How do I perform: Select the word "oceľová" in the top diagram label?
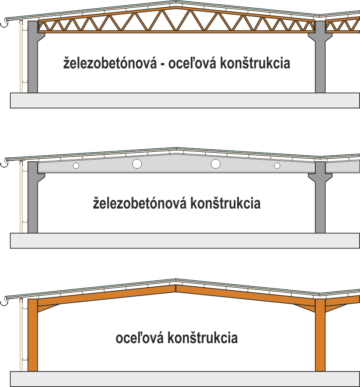192,63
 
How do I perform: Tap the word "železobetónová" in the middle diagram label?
139,203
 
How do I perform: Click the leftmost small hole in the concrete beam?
76,166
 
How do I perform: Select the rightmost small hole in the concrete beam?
277,166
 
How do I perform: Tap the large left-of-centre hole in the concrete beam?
137,163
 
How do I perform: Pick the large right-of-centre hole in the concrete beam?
215,163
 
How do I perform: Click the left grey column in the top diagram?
33,60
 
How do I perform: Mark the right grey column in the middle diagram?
320,202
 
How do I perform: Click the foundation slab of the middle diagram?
185,241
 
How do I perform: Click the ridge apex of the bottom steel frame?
176,286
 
